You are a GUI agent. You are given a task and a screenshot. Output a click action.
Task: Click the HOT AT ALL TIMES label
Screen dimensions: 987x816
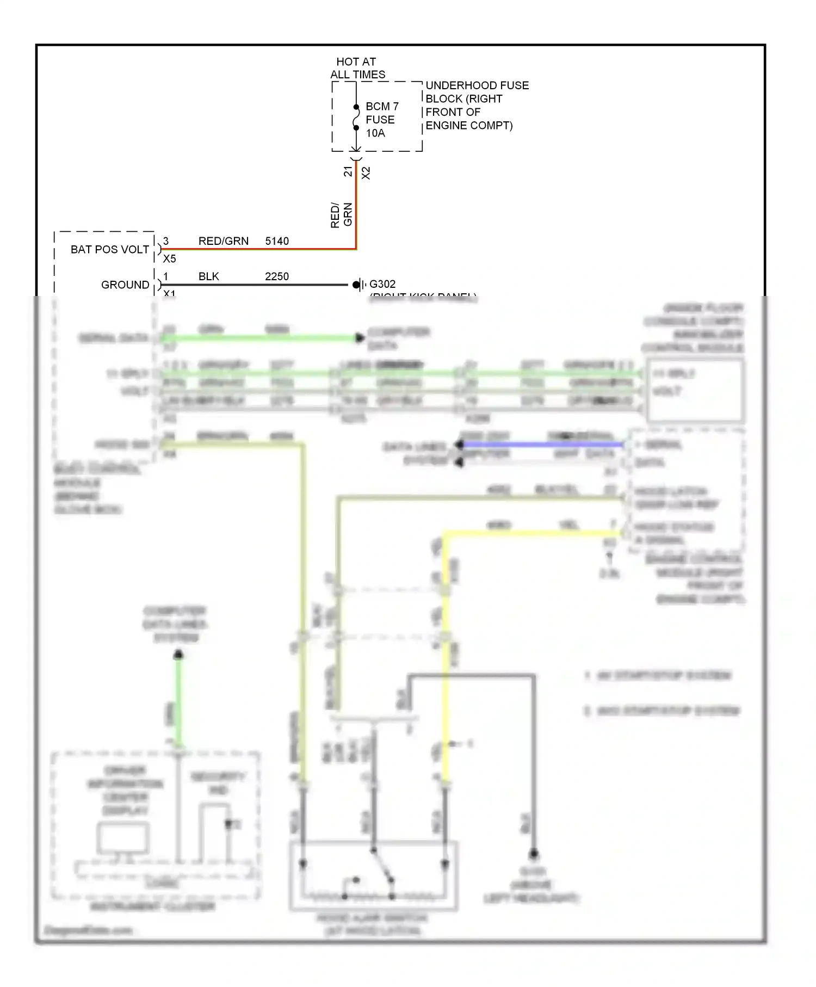click(x=357, y=68)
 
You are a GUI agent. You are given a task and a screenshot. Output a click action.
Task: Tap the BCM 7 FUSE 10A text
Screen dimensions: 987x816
click(x=381, y=119)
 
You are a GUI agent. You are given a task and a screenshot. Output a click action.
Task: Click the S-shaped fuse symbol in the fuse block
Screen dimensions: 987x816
click(x=356, y=118)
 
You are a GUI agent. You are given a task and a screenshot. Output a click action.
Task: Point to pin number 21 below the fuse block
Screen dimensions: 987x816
click(x=348, y=172)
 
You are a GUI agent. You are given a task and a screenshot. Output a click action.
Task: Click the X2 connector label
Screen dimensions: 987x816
click(x=366, y=173)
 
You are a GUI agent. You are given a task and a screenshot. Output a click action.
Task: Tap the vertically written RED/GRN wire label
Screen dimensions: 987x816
click(x=342, y=215)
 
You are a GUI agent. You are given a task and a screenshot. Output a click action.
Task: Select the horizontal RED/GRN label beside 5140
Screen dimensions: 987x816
click(x=223, y=241)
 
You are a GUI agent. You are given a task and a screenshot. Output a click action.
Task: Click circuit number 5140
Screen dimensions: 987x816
click(x=277, y=241)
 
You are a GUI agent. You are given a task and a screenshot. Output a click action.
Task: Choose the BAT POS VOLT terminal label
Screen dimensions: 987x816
click(x=109, y=249)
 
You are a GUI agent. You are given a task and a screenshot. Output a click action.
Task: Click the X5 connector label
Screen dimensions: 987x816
click(x=169, y=259)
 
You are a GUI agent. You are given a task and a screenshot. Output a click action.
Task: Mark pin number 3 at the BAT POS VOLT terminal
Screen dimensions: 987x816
click(x=166, y=240)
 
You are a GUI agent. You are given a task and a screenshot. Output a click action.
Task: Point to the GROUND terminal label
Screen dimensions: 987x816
click(x=125, y=285)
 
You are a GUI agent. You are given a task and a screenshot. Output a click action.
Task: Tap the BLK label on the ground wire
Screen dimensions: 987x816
click(x=208, y=276)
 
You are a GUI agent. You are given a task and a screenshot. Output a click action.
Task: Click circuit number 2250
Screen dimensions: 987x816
click(x=277, y=276)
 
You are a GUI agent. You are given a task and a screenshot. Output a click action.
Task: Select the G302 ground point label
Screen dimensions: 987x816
click(x=382, y=284)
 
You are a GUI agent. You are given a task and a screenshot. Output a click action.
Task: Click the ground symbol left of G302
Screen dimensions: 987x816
click(x=357, y=284)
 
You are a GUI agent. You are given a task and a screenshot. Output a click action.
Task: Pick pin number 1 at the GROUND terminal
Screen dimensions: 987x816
click(x=166, y=276)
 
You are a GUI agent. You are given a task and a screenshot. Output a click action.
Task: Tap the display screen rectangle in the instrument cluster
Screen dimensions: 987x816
click(x=123, y=838)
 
